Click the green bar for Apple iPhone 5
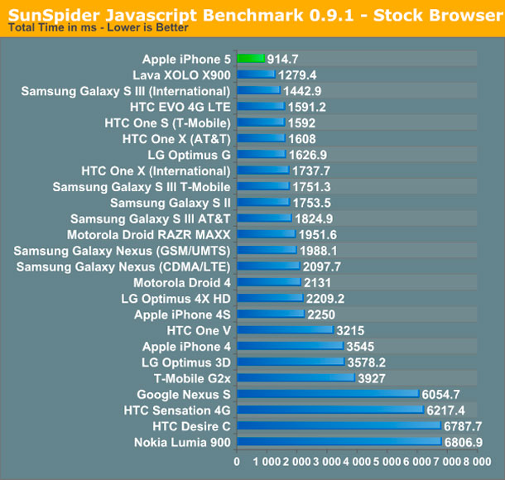click(x=251, y=59)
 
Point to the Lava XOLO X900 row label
click(x=187, y=74)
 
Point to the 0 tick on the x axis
click(x=238, y=462)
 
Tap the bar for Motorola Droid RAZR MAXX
click(x=267, y=234)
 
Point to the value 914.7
click(x=287, y=59)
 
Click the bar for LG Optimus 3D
click(x=291, y=362)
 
